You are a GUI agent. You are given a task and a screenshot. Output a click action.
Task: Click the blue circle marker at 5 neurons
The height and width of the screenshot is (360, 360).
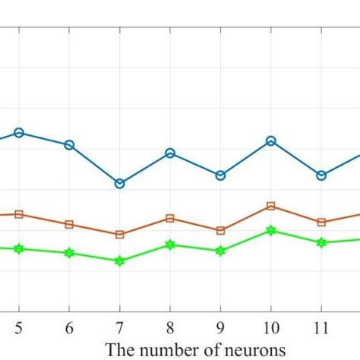(x=19, y=133)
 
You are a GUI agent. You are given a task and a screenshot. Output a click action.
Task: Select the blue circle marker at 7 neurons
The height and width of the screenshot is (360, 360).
(x=119, y=184)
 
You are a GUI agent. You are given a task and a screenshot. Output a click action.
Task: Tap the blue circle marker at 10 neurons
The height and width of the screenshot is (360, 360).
(x=270, y=141)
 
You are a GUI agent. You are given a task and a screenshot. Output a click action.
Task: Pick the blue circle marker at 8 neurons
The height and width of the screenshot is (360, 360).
(x=170, y=153)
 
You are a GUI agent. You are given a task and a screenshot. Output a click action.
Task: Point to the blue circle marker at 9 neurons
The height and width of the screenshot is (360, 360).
(x=220, y=175)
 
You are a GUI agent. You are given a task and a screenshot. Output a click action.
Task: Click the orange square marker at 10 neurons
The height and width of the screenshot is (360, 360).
(x=270, y=206)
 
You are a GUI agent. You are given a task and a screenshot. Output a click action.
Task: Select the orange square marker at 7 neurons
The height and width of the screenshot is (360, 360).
(x=119, y=235)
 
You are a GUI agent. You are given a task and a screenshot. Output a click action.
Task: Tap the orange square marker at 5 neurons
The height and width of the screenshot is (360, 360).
(x=19, y=214)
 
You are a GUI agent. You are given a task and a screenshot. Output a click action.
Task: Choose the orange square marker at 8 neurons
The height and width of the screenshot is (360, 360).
(x=170, y=218)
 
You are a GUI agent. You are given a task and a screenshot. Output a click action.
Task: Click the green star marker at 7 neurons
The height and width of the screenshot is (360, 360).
(x=119, y=261)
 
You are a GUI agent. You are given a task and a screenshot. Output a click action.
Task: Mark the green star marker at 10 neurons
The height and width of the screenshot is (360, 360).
(x=270, y=230)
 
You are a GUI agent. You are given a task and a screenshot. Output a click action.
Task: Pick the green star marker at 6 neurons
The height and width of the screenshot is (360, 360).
(x=69, y=253)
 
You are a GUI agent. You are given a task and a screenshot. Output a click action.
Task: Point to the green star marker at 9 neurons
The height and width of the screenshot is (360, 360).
(x=220, y=250)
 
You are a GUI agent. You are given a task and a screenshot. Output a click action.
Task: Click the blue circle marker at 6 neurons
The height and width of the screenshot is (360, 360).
(x=69, y=144)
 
